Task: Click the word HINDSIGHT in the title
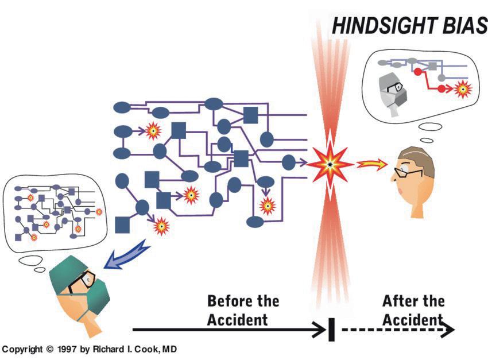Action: tap(384, 26)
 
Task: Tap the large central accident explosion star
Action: tap(330, 165)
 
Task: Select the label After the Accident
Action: tap(413, 309)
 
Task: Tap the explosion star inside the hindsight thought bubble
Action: tap(463, 89)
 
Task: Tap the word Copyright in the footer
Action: tap(24, 349)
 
